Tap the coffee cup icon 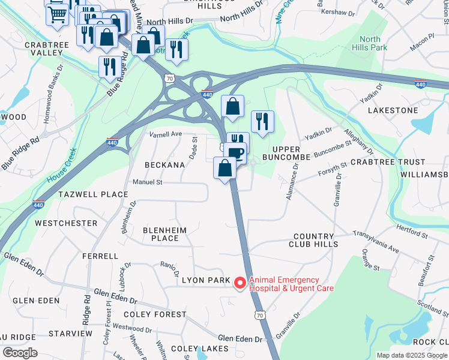coord(237,152)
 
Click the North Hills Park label coord(370,43)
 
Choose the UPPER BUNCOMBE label coord(291,152)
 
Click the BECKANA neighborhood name coord(164,164)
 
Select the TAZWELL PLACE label coord(93,194)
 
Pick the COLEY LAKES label coord(199,349)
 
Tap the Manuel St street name coord(148,182)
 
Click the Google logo coord(20,353)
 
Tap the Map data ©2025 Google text coord(411,355)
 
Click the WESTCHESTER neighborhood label coord(66,223)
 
